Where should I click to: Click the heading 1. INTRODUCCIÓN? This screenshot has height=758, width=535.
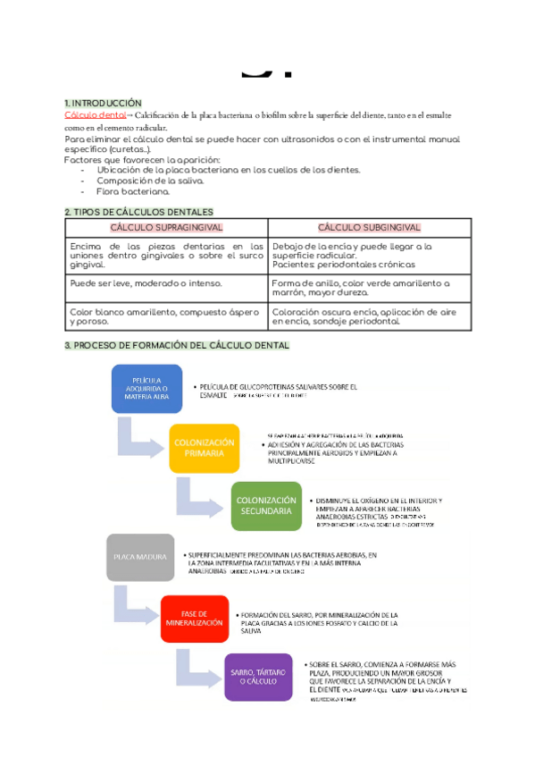(x=103, y=104)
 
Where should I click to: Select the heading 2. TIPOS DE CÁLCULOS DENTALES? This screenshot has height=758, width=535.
(x=138, y=212)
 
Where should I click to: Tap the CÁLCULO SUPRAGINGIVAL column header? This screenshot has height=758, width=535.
(x=167, y=228)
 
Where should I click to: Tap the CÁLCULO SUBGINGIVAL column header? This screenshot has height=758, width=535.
(x=369, y=228)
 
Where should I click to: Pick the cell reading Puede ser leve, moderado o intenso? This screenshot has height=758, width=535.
(x=146, y=282)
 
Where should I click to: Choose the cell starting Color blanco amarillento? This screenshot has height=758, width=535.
(x=166, y=317)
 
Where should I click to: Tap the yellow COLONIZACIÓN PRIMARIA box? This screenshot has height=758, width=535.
(x=204, y=448)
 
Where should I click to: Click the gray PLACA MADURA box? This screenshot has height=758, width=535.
(x=140, y=557)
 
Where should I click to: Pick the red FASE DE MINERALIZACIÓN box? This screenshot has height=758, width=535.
(x=194, y=619)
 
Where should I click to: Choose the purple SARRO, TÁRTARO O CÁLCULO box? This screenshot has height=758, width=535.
(x=258, y=677)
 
